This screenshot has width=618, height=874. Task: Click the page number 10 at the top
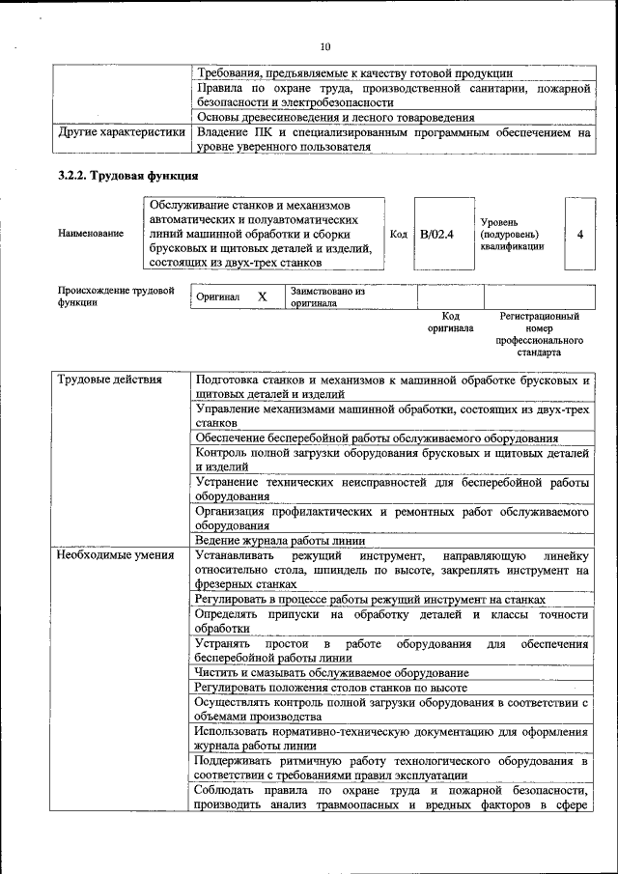pyautogui.click(x=324, y=45)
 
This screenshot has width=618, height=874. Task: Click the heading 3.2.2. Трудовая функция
pyautogui.click(x=127, y=176)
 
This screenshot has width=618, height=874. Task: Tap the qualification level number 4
pyautogui.click(x=579, y=234)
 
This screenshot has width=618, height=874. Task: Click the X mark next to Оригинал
pyautogui.click(x=262, y=297)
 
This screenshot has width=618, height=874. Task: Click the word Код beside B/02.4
pyautogui.click(x=398, y=234)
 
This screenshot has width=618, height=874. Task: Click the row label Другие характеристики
pyautogui.click(x=121, y=131)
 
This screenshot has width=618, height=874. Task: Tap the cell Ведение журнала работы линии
pyautogui.click(x=275, y=540)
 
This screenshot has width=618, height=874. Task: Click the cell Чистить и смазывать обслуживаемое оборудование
pyautogui.click(x=331, y=672)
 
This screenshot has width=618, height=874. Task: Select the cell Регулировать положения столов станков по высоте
pyautogui.click(x=330, y=687)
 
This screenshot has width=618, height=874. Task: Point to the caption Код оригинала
pyautogui.click(x=450, y=322)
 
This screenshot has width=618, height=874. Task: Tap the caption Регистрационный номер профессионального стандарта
pyautogui.click(x=539, y=334)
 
